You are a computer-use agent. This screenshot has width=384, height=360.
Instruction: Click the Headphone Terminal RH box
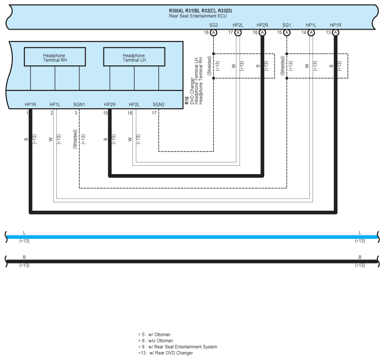pos(55,58)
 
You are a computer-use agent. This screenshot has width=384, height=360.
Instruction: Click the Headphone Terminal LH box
pos(134,58)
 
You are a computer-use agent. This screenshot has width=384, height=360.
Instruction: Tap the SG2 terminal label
pos(213,24)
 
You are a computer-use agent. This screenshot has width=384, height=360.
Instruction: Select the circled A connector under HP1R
pos(336,32)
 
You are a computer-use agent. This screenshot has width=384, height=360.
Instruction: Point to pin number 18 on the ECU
pos(206,32)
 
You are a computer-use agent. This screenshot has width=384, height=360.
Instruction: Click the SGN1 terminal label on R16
pos(79,104)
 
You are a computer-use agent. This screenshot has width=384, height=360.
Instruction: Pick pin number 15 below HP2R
pos(105,113)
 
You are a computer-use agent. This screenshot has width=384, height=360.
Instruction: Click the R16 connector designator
pos(187,100)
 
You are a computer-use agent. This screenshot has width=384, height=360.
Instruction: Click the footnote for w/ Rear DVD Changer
pos(165,353)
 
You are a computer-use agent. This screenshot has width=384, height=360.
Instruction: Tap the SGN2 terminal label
pos(158,104)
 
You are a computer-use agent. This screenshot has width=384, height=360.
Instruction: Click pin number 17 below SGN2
pos(154,113)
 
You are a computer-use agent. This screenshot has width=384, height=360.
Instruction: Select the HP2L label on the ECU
pos(238,24)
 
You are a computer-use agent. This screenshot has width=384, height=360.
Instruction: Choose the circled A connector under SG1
pos(287,32)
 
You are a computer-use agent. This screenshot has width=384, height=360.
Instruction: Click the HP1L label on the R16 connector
pos(55,104)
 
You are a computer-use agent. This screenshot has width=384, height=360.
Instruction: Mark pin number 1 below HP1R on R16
pos(27,113)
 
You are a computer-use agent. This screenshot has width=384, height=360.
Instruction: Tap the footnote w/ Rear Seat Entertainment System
pos(178,347)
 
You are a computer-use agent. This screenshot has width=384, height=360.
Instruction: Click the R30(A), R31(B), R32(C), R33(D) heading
pos(201,10)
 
